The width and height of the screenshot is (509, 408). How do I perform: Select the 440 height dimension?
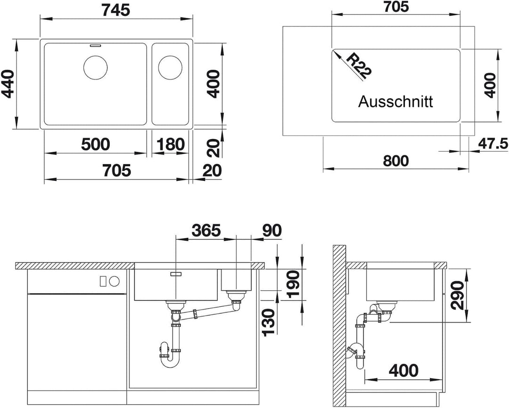pos(8,84)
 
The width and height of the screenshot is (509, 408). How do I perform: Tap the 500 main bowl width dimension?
pos(95,144)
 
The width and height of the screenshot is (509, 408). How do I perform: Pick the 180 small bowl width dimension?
pos(171,144)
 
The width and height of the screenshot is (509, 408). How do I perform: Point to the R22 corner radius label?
pos(358,66)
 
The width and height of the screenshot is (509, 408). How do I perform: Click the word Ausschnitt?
pos(396,102)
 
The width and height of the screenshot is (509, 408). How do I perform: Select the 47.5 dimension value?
pos(493,144)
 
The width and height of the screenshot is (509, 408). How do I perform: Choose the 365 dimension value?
pos(206,230)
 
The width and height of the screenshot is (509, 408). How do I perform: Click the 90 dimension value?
pos(272,230)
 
